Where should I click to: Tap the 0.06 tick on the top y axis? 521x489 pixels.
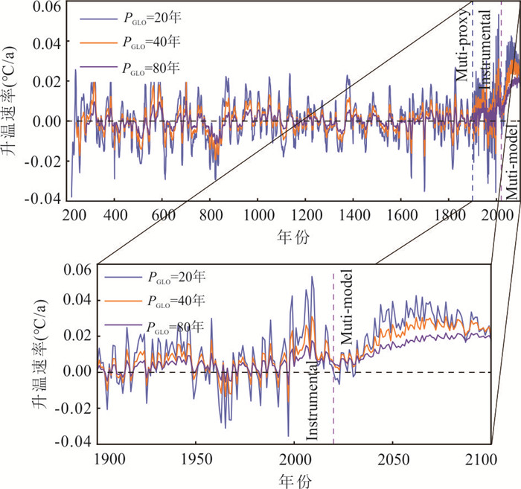[48, 7]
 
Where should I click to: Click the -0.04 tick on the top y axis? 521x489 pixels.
[46, 198]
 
